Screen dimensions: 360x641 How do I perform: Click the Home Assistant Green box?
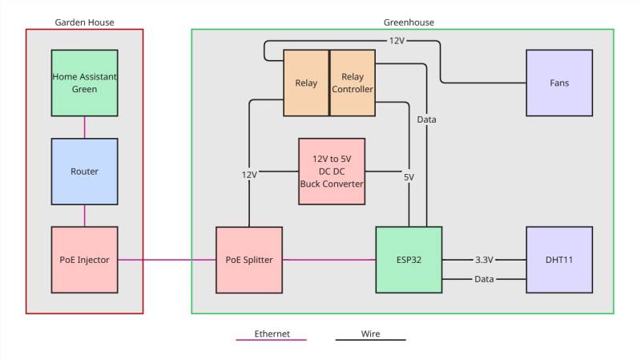(84, 83)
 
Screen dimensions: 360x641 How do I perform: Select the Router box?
(84, 171)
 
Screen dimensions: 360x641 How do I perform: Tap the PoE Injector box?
(84, 259)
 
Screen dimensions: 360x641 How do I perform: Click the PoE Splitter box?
(249, 260)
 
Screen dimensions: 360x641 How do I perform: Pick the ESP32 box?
(409, 260)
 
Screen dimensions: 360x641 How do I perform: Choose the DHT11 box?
(558, 260)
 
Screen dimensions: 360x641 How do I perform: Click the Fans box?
(558, 83)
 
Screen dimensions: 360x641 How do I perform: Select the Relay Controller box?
(353, 83)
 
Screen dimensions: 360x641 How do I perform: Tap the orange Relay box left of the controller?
(306, 83)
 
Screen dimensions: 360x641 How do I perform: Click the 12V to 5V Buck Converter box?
(331, 171)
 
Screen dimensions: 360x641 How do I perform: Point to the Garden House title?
(84, 22)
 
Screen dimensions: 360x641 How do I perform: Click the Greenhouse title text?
(409, 22)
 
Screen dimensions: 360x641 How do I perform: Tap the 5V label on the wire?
(409, 177)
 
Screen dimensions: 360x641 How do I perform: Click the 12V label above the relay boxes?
(397, 41)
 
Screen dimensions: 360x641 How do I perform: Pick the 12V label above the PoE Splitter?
(249, 174)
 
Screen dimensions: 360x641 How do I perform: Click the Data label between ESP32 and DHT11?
(483, 279)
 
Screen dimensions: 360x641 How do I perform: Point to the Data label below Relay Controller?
(427, 119)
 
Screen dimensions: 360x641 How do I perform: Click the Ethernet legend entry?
(272, 333)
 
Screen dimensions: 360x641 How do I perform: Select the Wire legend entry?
(370, 333)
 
